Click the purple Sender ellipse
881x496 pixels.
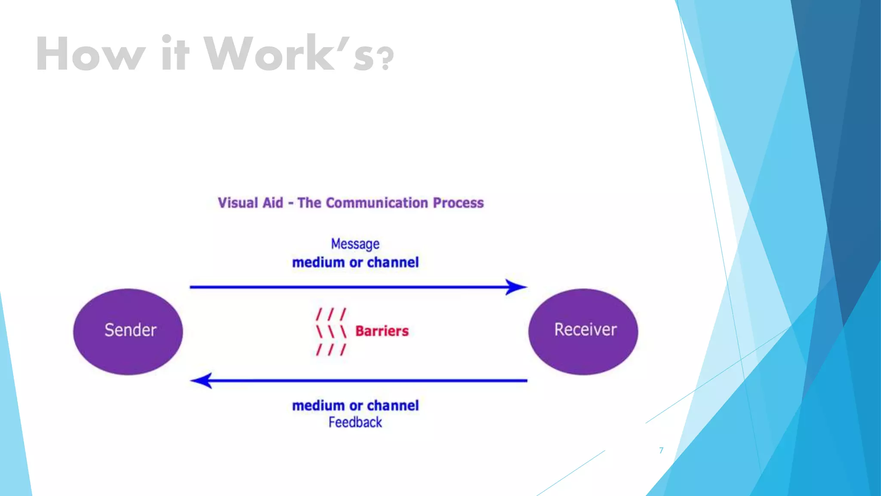tap(128, 331)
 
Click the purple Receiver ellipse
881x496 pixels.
tap(583, 331)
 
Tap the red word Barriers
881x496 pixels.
tap(382, 331)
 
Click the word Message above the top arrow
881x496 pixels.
tap(355, 244)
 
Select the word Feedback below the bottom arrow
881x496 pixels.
tap(355, 422)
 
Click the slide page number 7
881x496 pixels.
tap(661, 450)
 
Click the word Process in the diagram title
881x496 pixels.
tap(458, 203)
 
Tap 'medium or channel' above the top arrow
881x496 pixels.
tap(355, 262)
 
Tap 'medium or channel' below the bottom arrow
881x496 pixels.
tap(355, 406)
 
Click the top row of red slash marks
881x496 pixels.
tap(330, 314)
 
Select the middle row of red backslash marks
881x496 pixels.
tap(330, 332)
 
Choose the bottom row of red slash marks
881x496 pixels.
tap(330, 349)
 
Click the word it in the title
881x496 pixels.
tap(175, 55)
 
